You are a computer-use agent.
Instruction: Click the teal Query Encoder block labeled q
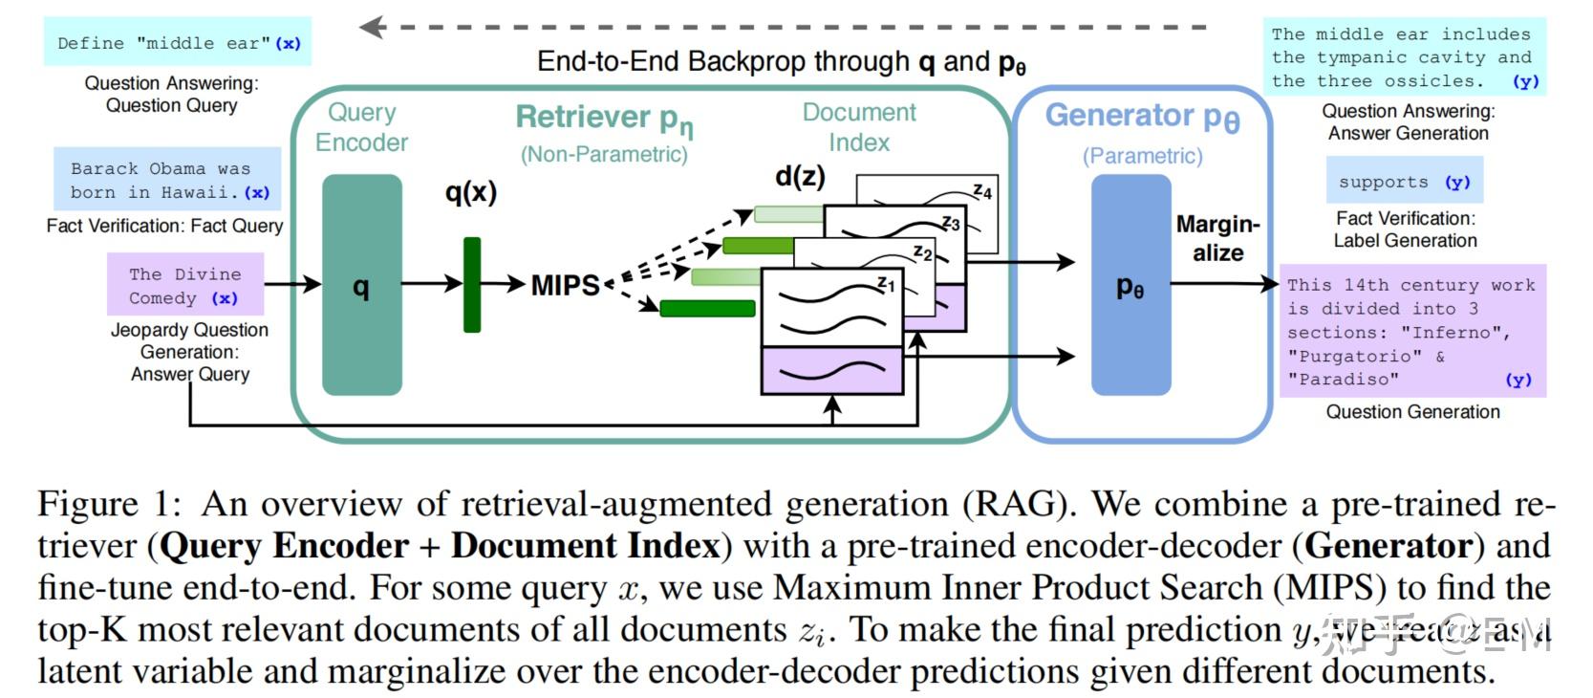point(361,285)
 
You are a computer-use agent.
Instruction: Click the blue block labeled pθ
point(1130,285)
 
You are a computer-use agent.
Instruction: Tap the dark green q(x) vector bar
point(471,285)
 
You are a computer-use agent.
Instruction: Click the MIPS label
point(565,285)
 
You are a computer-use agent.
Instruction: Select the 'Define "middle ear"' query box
point(178,43)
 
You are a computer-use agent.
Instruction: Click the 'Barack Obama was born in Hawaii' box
point(167,180)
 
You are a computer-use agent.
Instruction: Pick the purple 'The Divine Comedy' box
point(185,285)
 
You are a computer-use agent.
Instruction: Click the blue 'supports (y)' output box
point(1404,182)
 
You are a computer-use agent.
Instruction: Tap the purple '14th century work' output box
point(1411,331)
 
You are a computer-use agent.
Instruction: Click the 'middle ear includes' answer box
point(1403,57)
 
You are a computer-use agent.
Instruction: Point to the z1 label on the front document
point(886,284)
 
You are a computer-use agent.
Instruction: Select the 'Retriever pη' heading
point(604,118)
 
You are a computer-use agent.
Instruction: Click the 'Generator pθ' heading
point(1142,117)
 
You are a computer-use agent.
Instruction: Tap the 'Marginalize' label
point(1217,238)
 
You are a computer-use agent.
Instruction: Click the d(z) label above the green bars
point(799,176)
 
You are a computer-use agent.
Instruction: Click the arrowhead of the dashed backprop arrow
point(372,27)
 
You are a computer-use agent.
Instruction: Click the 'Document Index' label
point(858,127)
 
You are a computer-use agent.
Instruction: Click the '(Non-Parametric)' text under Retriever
point(604,154)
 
